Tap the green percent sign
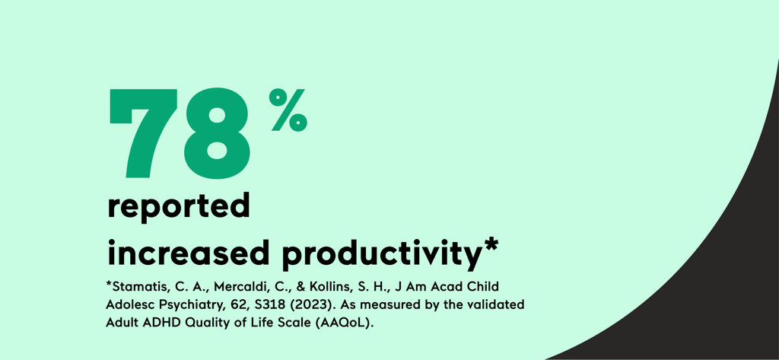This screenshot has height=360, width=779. coord(288,110)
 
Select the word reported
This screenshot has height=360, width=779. coord(179,207)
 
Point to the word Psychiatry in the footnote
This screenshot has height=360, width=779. coord(188,304)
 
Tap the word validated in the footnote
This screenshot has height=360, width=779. coord(494,304)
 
